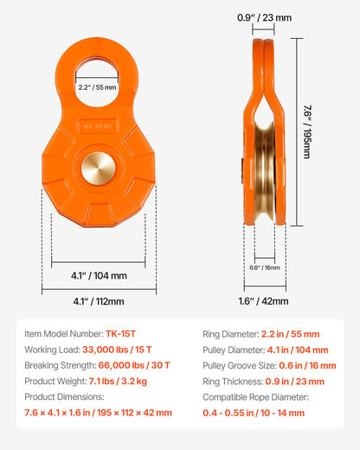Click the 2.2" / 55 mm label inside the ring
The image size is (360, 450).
coord(96,87)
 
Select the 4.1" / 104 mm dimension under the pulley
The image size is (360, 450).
coord(98,276)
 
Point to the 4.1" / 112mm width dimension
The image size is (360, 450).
coord(98,301)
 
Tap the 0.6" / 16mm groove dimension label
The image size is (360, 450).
coord(270,267)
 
